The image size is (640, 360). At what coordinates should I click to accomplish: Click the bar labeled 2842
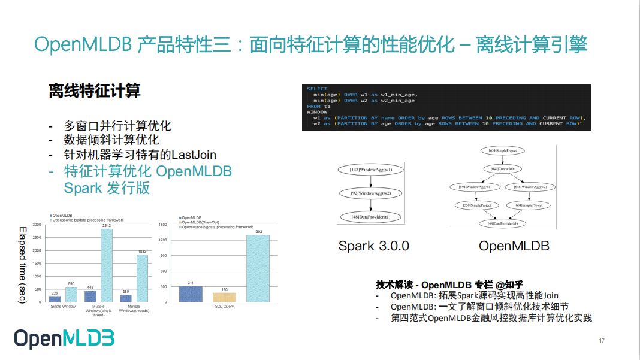[106, 265]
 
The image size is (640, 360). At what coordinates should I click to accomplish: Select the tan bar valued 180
[224, 297]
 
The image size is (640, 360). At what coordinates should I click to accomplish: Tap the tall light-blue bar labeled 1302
[258, 268]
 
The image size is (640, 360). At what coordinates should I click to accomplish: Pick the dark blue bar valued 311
[191, 294]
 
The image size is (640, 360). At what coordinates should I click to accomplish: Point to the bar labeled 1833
[142, 279]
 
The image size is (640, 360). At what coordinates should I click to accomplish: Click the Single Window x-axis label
[63, 307]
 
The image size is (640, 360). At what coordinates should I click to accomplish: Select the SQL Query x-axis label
[224, 307]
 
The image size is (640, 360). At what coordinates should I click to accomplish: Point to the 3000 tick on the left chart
[37, 225]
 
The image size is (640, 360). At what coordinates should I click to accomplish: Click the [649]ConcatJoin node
[503, 169]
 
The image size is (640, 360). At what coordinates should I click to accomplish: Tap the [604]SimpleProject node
[529, 205]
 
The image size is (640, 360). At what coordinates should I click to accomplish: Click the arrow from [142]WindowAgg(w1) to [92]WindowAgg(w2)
[372, 182]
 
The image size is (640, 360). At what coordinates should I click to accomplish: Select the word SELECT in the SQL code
[317, 89]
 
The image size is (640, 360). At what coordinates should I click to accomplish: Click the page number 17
[602, 341]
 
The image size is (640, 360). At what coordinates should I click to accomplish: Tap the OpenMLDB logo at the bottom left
[64, 338]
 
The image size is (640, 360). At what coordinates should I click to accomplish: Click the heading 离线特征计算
[95, 91]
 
